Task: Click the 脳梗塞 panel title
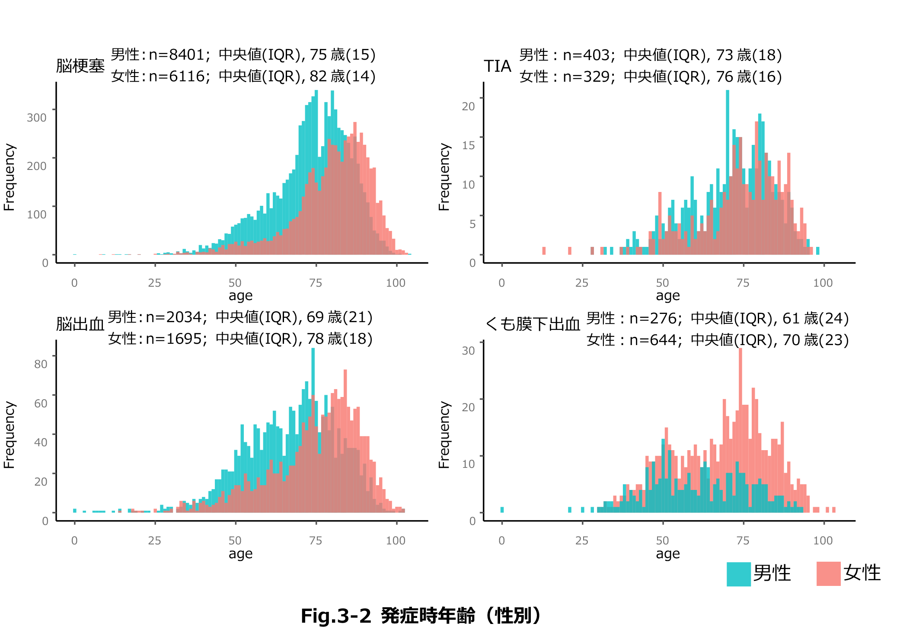pyautogui.click(x=80, y=66)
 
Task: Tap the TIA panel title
pyautogui.click(x=498, y=66)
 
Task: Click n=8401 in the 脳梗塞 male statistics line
pyautogui.click(x=176, y=55)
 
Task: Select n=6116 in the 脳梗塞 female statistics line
pyautogui.click(x=176, y=77)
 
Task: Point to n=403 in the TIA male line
pyautogui.click(x=587, y=55)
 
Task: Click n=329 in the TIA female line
pyautogui.click(x=587, y=77)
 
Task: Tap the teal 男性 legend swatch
pyautogui.click(x=739, y=574)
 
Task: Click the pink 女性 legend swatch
pyautogui.click(x=828, y=574)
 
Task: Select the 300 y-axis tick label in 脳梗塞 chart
pyautogui.click(x=37, y=118)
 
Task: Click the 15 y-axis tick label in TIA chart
pyautogui.click(x=469, y=145)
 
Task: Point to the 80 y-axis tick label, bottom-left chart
pyautogui.click(x=41, y=364)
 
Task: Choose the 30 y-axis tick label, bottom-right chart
pyautogui.click(x=469, y=351)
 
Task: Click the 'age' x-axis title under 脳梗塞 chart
pyautogui.click(x=240, y=296)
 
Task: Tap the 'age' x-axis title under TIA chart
pyautogui.click(x=667, y=296)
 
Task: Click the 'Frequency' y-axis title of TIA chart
pyautogui.click(x=444, y=177)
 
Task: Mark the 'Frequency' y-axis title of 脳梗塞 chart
pyautogui.click(x=10, y=177)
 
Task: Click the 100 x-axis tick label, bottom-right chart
pyautogui.click(x=823, y=541)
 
